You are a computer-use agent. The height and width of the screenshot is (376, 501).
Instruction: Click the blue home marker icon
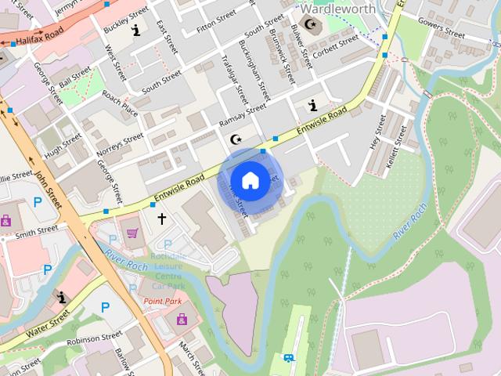click(249, 181)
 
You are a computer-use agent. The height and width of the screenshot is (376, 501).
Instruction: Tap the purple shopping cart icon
click(132, 233)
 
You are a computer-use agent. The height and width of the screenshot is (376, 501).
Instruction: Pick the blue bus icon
click(289, 358)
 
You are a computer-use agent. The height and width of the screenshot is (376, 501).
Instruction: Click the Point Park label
click(162, 301)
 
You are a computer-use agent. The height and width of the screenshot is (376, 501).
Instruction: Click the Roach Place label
click(120, 107)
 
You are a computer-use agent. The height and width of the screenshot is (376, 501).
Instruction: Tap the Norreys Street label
click(119, 143)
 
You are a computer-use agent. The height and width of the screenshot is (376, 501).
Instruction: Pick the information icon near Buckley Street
click(137, 31)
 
